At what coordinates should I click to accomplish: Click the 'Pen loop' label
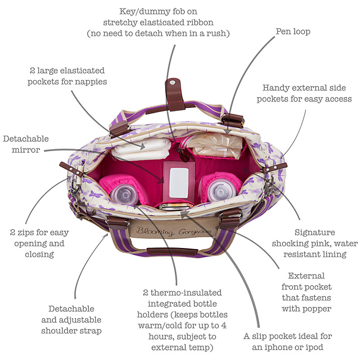293,32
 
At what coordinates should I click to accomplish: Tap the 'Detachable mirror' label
26,144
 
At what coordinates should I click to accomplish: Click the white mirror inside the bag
179,183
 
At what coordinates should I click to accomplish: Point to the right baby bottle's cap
220,191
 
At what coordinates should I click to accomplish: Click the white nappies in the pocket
141,149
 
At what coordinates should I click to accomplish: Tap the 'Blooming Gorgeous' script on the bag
174,231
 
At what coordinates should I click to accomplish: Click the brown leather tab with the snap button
175,94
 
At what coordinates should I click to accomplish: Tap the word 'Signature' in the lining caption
315,232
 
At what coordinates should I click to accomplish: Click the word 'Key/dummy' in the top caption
142,12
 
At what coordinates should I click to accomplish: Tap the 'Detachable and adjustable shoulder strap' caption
71,320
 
